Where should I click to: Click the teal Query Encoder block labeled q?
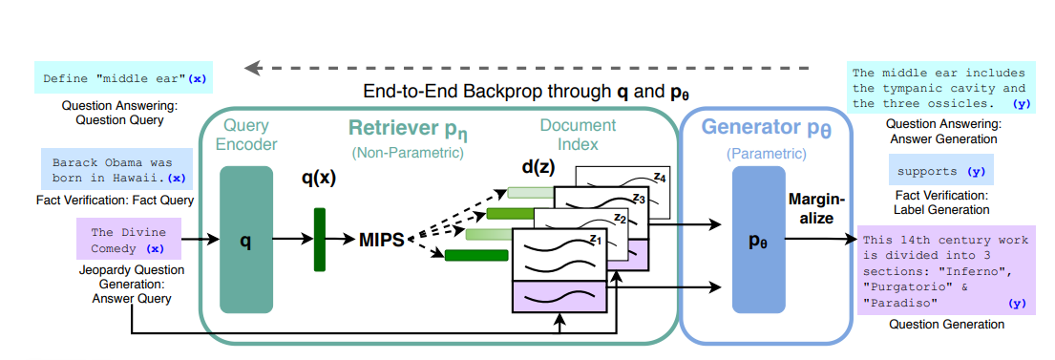click(x=246, y=240)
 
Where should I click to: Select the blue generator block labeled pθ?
click(x=759, y=240)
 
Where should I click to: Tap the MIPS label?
click(x=382, y=240)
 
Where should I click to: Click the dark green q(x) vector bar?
click(x=320, y=240)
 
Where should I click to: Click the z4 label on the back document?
click(x=660, y=179)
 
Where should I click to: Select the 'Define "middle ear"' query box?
click(x=123, y=78)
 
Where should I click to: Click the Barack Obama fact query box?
click(x=116, y=171)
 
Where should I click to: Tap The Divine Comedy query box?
click(x=129, y=239)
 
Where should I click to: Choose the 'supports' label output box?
click(x=940, y=172)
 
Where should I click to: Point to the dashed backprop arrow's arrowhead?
click(x=251, y=68)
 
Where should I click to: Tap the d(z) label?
click(x=538, y=165)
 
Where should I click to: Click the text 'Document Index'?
click(x=578, y=134)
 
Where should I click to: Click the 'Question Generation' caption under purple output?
click(x=947, y=325)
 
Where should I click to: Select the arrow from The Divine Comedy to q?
click(x=200, y=239)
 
